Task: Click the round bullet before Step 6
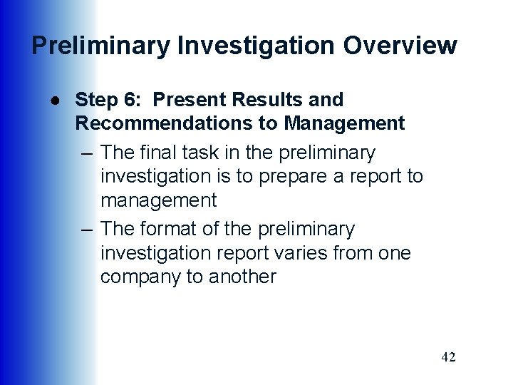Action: click(x=45, y=99)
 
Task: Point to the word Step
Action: click(x=94, y=100)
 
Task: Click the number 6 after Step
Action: click(x=128, y=100)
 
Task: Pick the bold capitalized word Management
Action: click(x=344, y=123)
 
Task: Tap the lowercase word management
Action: click(x=158, y=200)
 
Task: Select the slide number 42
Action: click(x=448, y=356)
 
